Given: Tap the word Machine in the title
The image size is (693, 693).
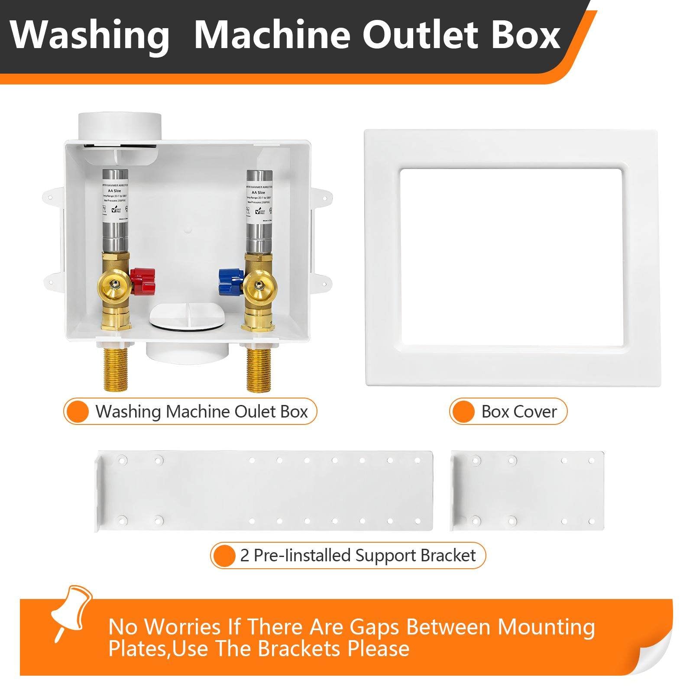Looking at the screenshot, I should coord(272,36).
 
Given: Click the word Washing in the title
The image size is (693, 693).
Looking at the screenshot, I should coord(90,36).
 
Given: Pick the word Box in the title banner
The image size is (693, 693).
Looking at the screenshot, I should coord(526,36).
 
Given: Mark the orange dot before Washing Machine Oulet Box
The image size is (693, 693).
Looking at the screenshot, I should coord(78,411).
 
